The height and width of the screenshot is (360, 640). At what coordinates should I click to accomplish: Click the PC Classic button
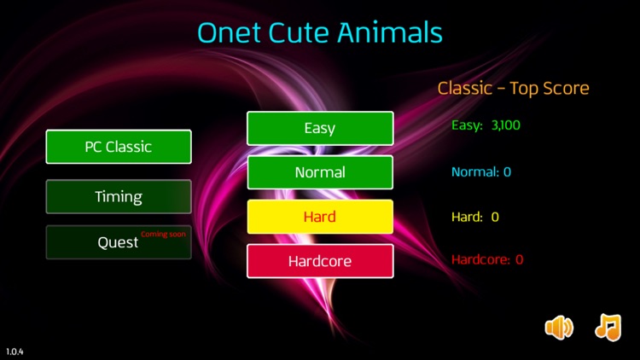(x=118, y=147)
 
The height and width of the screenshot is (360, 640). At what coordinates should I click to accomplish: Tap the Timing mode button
(x=118, y=197)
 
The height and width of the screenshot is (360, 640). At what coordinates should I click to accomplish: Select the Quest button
(x=118, y=242)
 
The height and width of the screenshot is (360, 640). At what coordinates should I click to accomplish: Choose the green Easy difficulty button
(x=320, y=128)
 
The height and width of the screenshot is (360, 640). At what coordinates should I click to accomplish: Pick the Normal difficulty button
(x=320, y=172)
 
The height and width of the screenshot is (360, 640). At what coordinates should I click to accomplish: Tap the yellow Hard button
(x=320, y=217)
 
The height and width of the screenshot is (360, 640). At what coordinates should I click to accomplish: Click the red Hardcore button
(x=320, y=261)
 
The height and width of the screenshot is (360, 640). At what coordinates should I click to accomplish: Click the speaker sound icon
(x=559, y=327)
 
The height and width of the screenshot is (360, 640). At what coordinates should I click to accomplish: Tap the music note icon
(x=608, y=327)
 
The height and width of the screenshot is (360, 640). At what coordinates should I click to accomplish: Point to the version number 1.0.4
(x=15, y=351)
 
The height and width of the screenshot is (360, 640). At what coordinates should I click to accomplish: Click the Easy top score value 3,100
(x=505, y=125)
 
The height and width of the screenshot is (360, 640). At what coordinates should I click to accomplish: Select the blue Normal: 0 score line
(x=481, y=171)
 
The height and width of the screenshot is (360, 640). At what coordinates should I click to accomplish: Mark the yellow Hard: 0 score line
(x=474, y=217)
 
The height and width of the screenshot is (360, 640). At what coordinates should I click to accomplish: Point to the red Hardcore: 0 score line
(x=486, y=259)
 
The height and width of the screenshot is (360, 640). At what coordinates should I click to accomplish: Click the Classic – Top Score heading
(x=513, y=88)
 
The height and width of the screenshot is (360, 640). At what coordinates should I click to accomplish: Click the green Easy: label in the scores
(x=467, y=125)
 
